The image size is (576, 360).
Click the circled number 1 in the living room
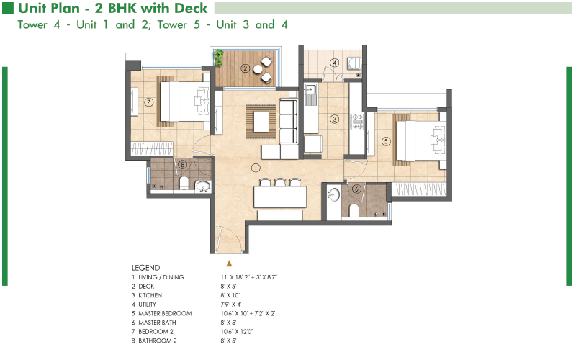pos(256,168)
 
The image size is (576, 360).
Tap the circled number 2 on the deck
pos(246,68)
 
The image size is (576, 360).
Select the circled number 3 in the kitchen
pos(334,119)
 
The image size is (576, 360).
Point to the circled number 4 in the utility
pos(334,63)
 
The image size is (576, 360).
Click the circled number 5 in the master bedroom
pos(386,141)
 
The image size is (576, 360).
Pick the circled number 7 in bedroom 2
pos(148,102)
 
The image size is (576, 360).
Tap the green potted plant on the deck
pos(219,58)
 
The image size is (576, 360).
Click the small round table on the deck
pos(258,69)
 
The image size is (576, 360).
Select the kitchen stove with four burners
pos(357,122)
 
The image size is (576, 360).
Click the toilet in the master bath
pos(354,210)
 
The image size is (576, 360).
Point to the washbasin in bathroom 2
pos(202,186)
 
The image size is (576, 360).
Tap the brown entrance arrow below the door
pos(229,263)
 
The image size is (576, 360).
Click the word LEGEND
pos(146,268)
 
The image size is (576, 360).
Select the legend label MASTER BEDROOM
pos(165,313)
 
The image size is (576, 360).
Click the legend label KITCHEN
pos(150,295)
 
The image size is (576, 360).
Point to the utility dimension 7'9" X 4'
pos(230,304)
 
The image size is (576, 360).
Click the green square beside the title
pos(8,8)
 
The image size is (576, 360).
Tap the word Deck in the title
pos(191,8)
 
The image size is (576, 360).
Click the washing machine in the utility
pos(354,63)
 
